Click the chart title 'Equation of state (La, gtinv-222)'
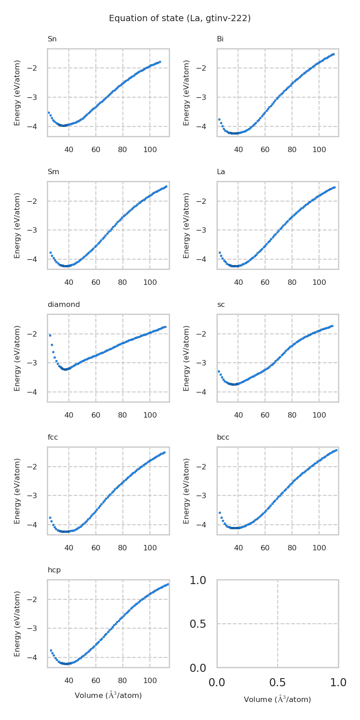tap(180, 18)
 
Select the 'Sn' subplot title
tap(52, 39)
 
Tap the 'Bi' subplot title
tap(220, 39)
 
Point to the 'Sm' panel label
tap(53, 172)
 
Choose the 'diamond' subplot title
tap(63, 305)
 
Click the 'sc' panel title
tap(221, 305)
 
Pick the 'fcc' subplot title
tap(53, 437)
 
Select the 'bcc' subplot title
tap(223, 437)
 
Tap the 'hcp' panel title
tap(54, 570)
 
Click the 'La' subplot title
tap(221, 172)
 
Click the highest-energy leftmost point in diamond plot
tap(50, 335)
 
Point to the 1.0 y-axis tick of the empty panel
tap(198, 580)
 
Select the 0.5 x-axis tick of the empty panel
tap(278, 683)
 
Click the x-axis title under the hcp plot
tap(108, 695)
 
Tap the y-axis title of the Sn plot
tap(17, 93)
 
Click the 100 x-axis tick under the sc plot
tap(319, 415)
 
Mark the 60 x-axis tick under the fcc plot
tap(96, 548)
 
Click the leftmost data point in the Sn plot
tap(49, 112)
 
